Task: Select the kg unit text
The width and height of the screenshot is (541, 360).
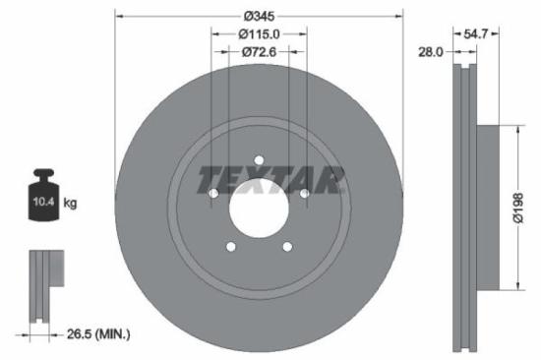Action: click(70, 203)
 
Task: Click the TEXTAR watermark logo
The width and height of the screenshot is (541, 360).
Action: click(271, 180)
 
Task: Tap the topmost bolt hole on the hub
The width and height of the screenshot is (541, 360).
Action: click(260, 160)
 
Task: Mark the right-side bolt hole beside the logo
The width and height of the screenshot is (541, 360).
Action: click(304, 194)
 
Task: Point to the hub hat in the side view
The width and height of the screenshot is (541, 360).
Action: click(488, 207)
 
